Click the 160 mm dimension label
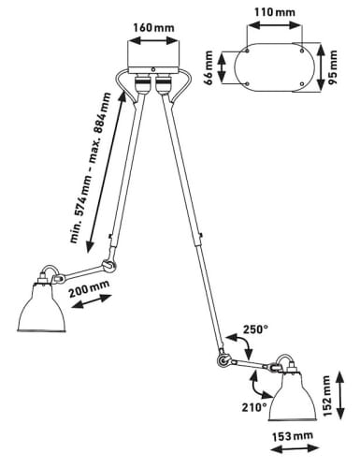tap(153, 28)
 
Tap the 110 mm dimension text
tap(275, 12)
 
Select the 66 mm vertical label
tap(209, 67)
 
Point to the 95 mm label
tap(333, 67)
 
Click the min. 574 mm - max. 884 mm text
tap(90, 168)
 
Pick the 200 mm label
tap(89, 289)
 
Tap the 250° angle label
tap(255, 329)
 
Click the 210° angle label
tap(254, 407)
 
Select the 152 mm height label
tap(326, 395)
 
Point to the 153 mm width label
tap(293, 436)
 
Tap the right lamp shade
tap(293, 396)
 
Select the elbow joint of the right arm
tap(223, 360)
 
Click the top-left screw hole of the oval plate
tap(247, 51)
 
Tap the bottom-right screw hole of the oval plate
tap(302, 83)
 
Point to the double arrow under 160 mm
tap(153, 40)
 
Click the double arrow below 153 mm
tap(295, 448)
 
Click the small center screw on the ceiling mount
tap(153, 70)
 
